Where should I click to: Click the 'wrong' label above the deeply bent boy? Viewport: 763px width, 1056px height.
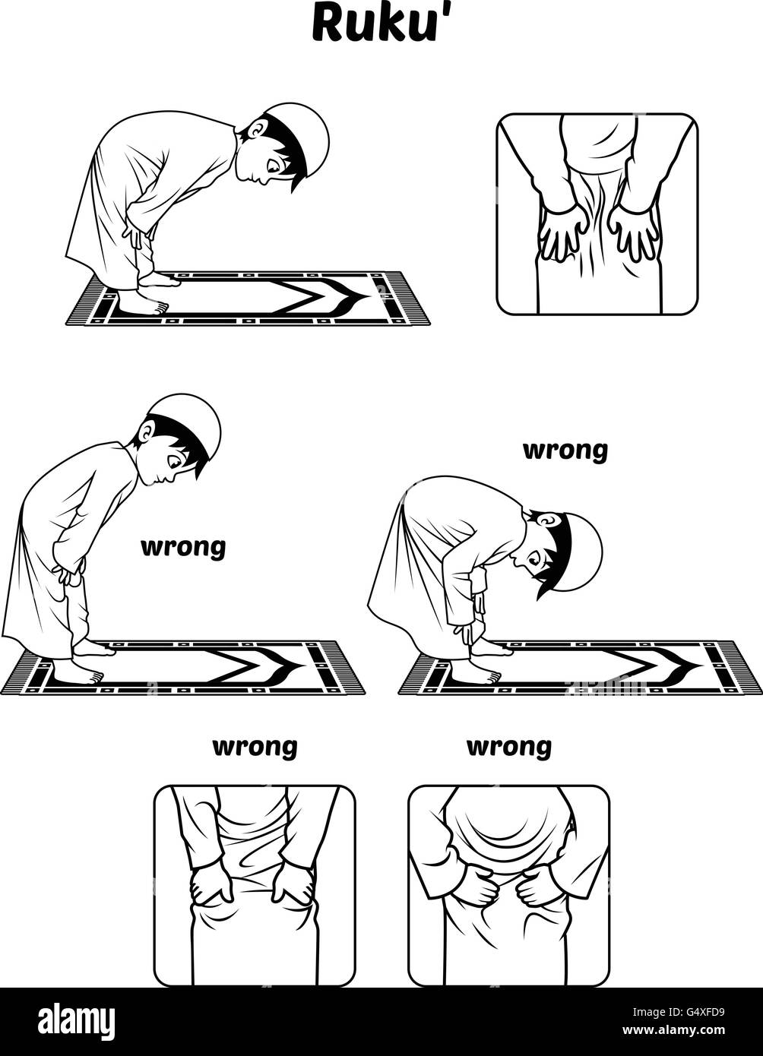coord(565,451)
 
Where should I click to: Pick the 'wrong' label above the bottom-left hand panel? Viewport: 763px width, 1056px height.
coord(255,748)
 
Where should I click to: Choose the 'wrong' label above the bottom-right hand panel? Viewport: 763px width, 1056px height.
coord(509,748)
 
